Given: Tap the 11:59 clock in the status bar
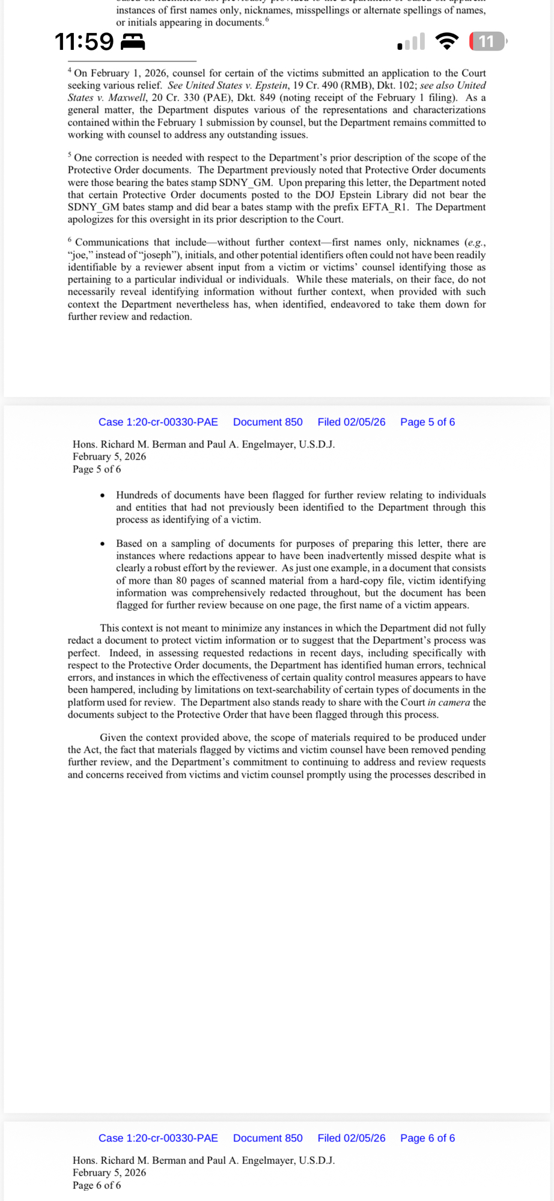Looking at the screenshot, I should coord(84,42).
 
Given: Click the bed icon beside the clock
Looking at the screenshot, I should coord(133,41).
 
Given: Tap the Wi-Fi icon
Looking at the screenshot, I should coord(446,41).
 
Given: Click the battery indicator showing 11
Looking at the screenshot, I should coord(487,41).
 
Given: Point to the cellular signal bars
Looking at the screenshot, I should coord(412,42).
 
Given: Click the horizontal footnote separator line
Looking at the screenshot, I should coord(132,61).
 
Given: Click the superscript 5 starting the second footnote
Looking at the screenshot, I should coord(70,155).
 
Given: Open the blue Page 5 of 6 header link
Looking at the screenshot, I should coord(427,422).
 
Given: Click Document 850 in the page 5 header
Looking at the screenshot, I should coord(267,422).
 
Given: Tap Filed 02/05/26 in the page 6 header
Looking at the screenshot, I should coord(351,1138).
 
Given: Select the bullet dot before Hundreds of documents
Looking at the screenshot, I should coord(103,495).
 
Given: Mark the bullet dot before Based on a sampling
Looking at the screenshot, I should coord(103,544).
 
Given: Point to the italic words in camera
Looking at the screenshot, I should coord(448,703).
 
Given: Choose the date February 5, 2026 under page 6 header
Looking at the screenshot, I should coord(109,1173).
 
